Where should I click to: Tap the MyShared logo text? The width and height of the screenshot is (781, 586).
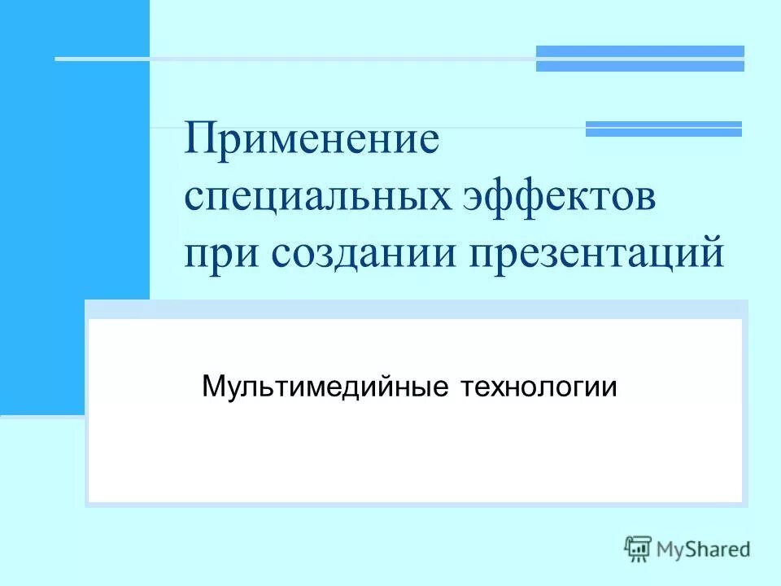click(705, 549)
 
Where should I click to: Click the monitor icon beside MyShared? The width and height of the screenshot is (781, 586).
click(639, 549)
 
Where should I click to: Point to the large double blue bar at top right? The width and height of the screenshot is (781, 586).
click(639, 59)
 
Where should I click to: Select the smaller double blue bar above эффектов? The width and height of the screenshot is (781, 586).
click(664, 129)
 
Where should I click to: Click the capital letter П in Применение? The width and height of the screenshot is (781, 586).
click(199, 138)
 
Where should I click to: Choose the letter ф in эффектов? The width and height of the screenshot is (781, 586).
click(526, 198)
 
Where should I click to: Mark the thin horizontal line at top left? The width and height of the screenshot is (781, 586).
click(293, 59)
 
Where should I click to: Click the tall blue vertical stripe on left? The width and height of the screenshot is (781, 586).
click(75, 208)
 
